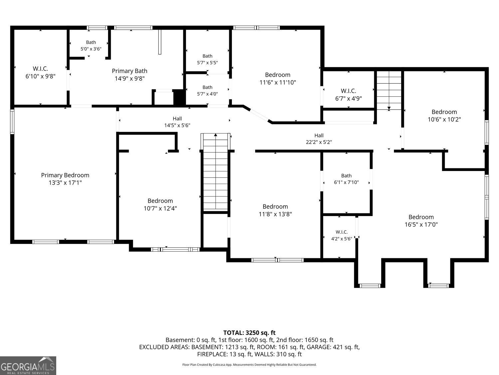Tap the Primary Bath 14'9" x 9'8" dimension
click(x=130, y=78)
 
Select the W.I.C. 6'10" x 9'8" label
click(x=41, y=72)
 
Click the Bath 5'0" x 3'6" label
click(x=91, y=46)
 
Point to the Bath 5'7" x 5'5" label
click(x=207, y=59)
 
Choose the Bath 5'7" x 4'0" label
click(x=207, y=90)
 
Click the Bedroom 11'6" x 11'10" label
click(x=277, y=79)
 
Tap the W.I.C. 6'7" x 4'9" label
click(x=349, y=95)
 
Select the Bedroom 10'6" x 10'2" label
click(x=444, y=115)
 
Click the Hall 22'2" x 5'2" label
click(x=319, y=139)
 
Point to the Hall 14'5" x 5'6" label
click(x=177, y=122)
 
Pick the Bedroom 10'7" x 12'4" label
click(x=160, y=204)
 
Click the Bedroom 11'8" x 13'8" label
click(x=275, y=210)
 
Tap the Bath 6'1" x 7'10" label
click(x=346, y=179)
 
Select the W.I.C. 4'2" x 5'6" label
click(x=341, y=235)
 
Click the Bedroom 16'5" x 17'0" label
click(x=421, y=221)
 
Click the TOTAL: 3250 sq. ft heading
click(x=249, y=333)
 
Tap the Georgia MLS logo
click(x=28, y=365)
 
